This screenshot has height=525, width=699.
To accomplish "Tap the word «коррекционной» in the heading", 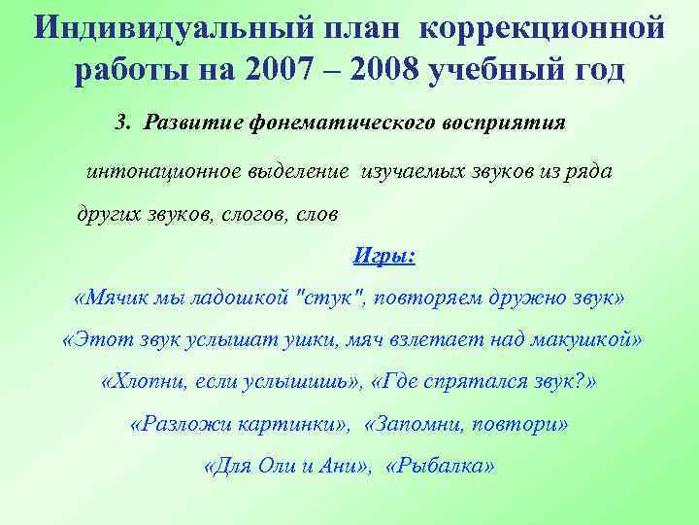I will coord(544,26).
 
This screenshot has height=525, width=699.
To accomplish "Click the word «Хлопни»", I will coord(147,382).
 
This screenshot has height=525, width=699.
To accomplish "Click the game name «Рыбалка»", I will coord(440,467).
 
